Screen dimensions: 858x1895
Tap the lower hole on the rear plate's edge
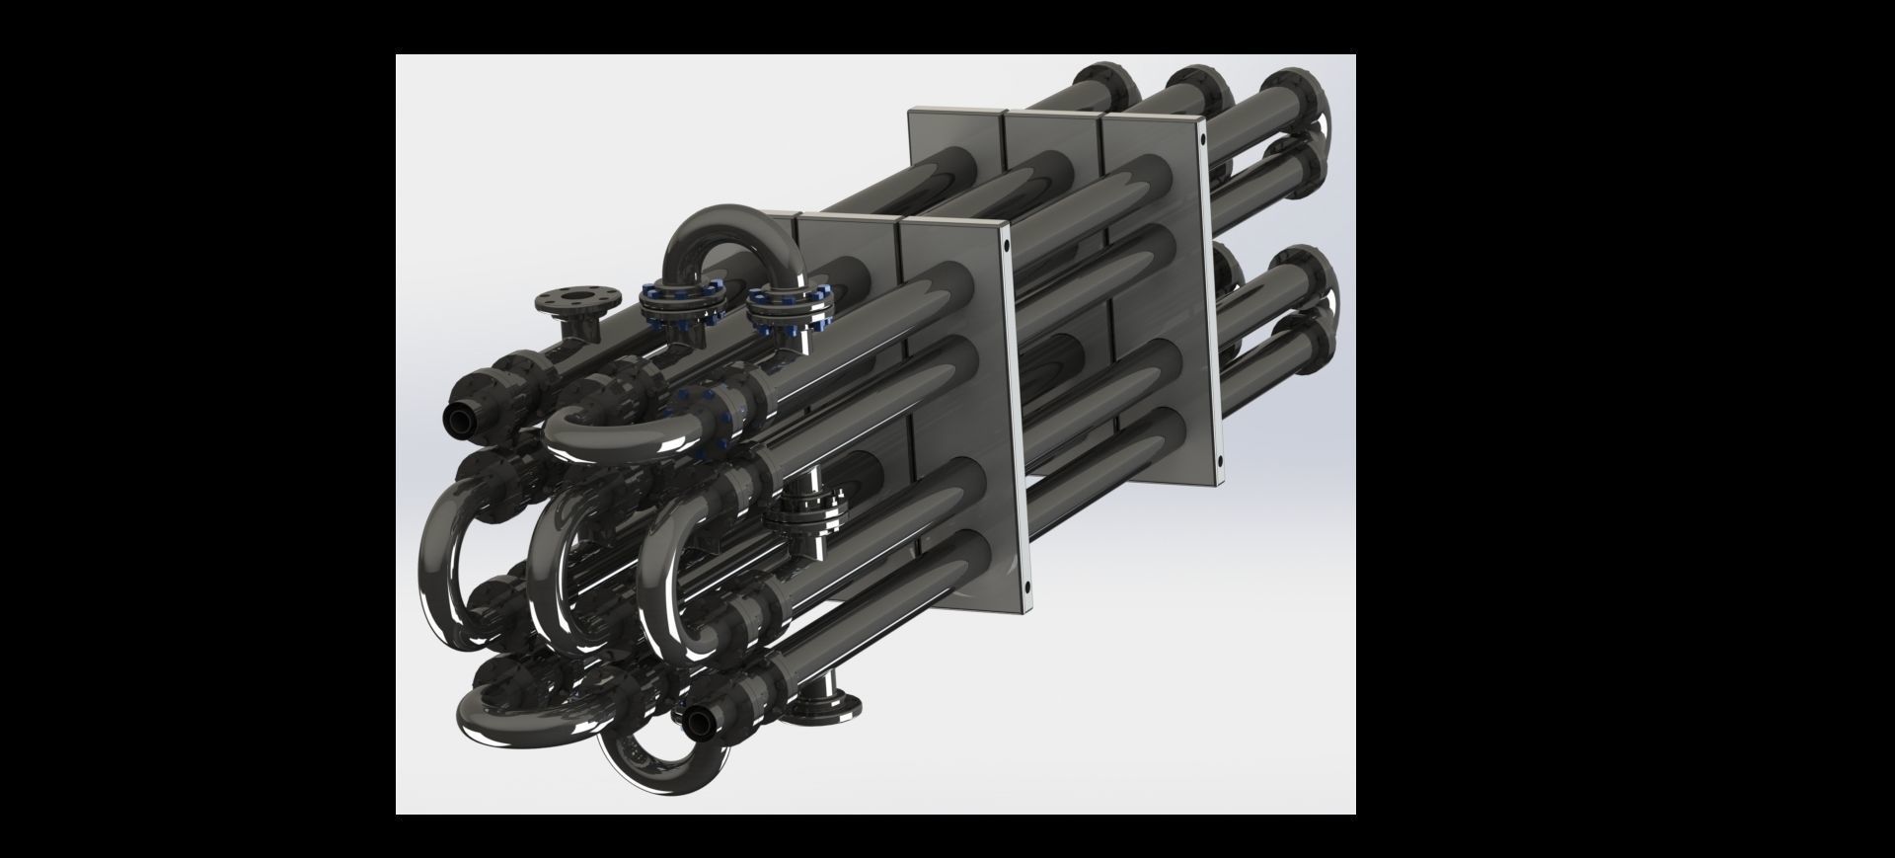(x=1218, y=460)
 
